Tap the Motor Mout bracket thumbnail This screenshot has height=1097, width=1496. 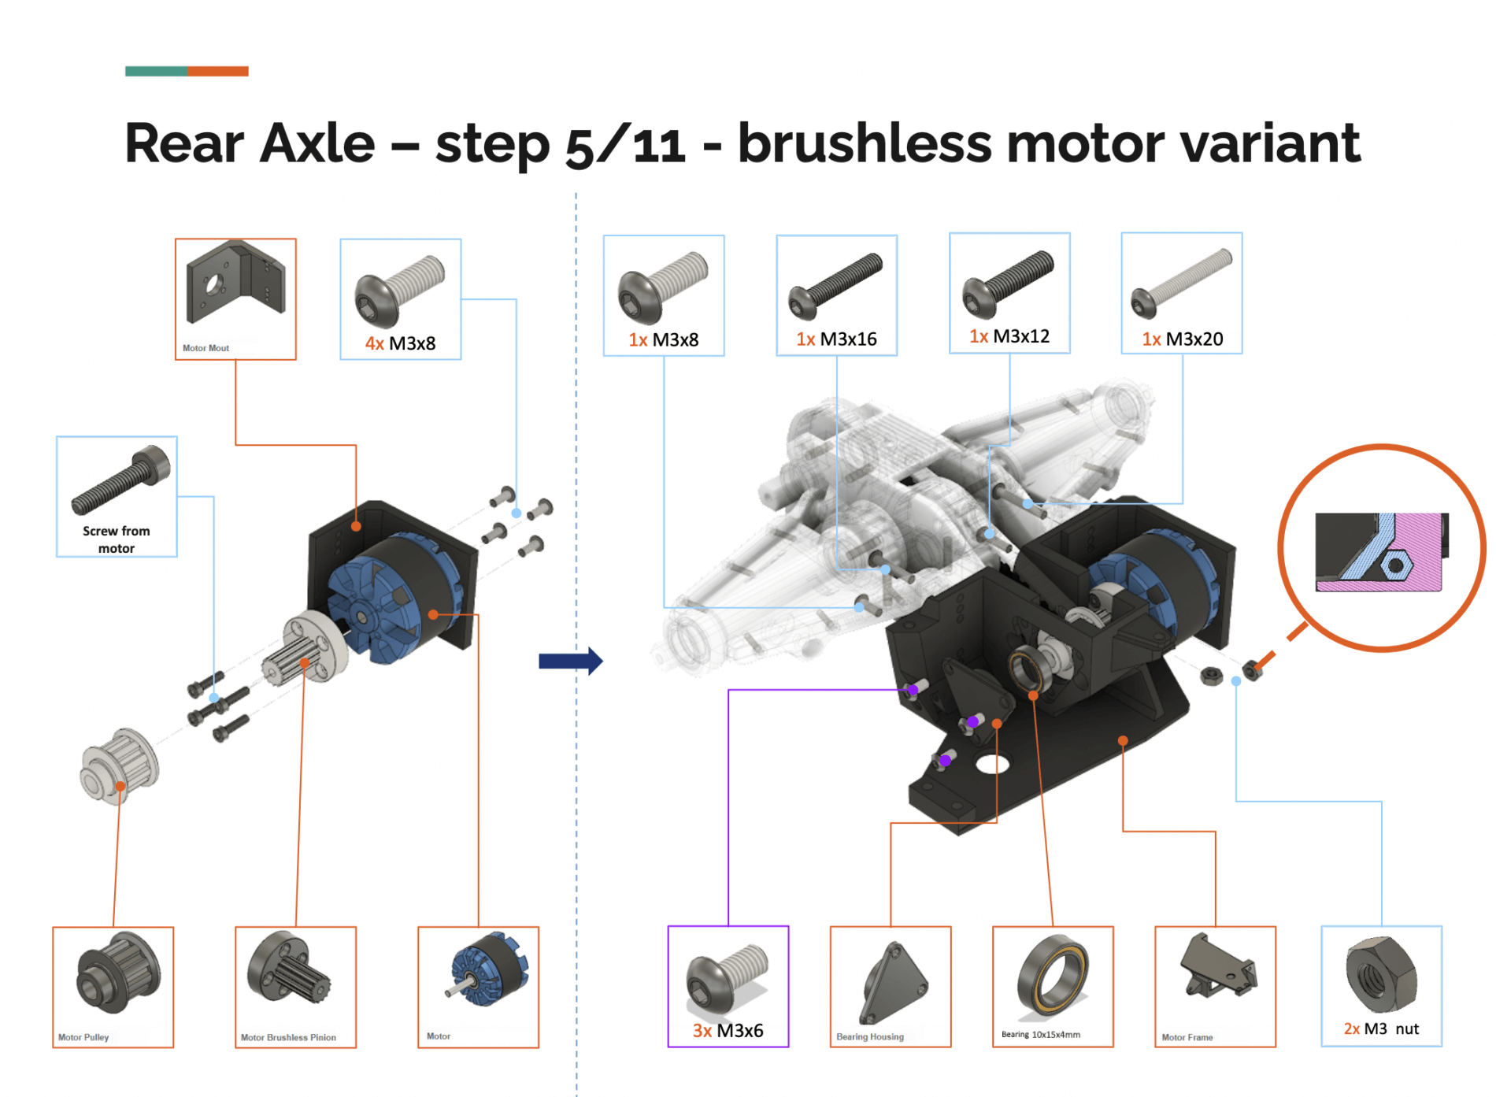pos(235,284)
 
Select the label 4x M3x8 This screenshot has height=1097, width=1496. pos(400,343)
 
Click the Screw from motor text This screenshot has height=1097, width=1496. pos(116,539)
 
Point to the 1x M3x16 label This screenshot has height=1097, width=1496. pos(836,339)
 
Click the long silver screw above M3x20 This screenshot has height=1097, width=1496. pos(1181,283)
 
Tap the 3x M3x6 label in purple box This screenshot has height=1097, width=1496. pos(728,1030)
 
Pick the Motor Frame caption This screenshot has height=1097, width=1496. pos(1187,1037)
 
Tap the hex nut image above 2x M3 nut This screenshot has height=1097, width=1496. pos(1381,975)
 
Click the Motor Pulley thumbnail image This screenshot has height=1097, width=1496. pos(117,973)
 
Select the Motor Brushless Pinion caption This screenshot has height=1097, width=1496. pos(288,1037)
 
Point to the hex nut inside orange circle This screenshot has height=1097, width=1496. pos(1394,565)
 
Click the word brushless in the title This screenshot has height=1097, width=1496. pos(863,143)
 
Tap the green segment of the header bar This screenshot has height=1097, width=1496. pos(156,71)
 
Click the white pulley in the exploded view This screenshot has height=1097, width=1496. pos(120,765)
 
